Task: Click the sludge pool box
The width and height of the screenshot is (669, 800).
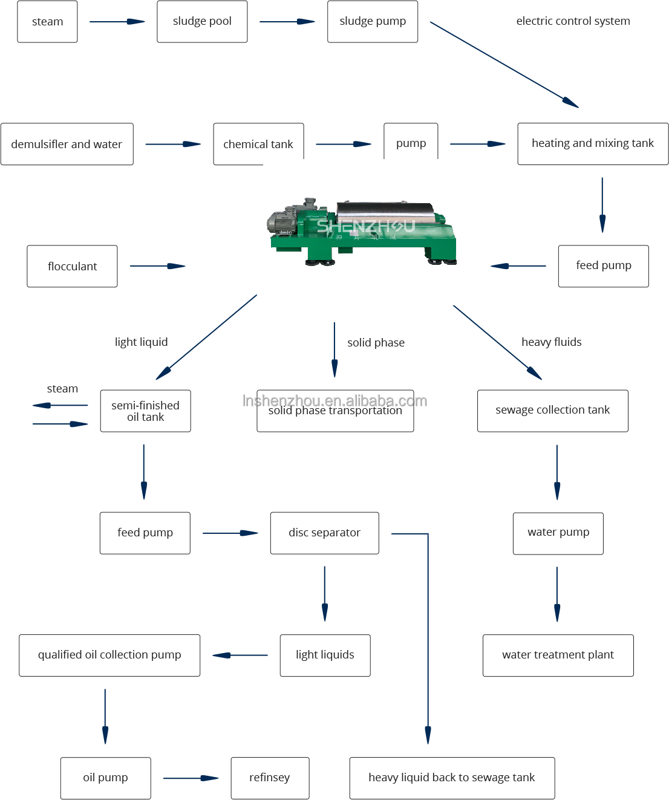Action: [x=202, y=22]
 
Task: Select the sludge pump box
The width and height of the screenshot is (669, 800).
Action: [x=373, y=22]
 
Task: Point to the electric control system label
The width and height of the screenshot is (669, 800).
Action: [x=573, y=21]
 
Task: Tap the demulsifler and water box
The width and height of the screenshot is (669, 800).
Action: [x=67, y=144]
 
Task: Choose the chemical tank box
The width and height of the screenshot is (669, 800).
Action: [x=258, y=144]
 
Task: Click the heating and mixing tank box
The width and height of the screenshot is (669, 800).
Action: [x=593, y=143]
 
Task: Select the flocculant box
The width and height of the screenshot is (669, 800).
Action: [x=72, y=266]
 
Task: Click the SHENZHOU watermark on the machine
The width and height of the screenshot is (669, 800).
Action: [x=365, y=226]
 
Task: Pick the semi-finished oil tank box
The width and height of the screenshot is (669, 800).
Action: [x=145, y=411]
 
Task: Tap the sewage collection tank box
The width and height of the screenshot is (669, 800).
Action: [x=552, y=411]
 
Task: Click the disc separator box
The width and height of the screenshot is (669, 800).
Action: [x=324, y=533]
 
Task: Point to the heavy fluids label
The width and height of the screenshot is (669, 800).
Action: [x=551, y=342]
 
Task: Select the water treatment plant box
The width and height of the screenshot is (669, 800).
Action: [x=558, y=655]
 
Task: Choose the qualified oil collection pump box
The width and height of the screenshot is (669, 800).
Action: [x=109, y=655]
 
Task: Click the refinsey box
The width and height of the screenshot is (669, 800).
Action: [x=270, y=778]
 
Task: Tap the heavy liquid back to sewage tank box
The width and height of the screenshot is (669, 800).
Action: [x=452, y=778]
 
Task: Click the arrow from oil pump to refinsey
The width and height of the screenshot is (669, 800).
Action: [x=191, y=778]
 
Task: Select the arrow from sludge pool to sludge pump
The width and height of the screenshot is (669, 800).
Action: [x=287, y=22]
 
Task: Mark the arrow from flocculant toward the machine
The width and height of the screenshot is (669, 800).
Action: [x=157, y=266]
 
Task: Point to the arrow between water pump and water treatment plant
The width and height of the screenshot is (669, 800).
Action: [x=557, y=594]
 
